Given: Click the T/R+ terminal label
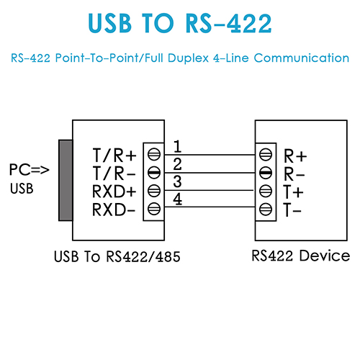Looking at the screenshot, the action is (x=114, y=156).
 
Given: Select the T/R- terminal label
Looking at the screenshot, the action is (x=114, y=173).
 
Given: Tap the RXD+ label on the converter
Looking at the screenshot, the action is (x=114, y=192).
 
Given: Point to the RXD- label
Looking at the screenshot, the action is (x=114, y=210).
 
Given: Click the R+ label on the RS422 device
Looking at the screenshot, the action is (x=295, y=156).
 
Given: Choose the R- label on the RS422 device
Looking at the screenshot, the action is (x=294, y=174).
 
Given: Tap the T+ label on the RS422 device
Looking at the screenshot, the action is (x=293, y=192).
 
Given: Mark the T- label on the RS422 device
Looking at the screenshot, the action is (x=292, y=210).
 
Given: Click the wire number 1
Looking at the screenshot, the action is (x=177, y=146).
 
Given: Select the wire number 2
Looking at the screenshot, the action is (x=177, y=164).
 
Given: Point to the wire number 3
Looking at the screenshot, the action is (x=177, y=181).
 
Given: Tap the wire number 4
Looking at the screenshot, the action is (x=177, y=199).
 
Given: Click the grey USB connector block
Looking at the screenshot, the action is (x=66, y=180).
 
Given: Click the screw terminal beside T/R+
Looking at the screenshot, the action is (x=154, y=154).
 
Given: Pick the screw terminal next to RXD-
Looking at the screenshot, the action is (x=154, y=209).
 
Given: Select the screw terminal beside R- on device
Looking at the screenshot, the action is (x=266, y=173).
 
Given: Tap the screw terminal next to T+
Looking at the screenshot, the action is (x=266, y=191).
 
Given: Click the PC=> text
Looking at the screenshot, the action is (x=30, y=170).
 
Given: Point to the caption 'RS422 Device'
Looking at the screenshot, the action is (x=301, y=256).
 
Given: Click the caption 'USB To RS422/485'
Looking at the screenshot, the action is (x=117, y=256).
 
